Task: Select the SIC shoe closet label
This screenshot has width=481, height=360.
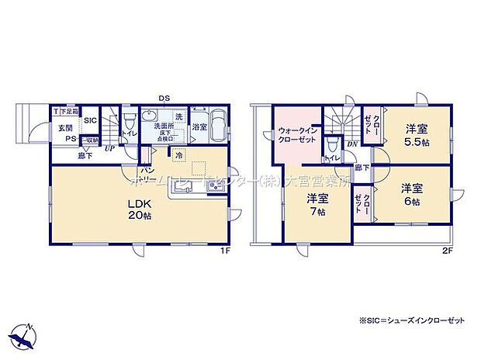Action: pyautogui.click(x=89, y=120)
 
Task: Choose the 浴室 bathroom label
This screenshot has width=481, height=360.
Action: pyautogui.click(x=199, y=126)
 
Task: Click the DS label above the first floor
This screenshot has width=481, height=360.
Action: pyautogui.click(x=164, y=99)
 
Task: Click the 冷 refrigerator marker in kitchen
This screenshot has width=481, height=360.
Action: pyautogui.click(x=179, y=156)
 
